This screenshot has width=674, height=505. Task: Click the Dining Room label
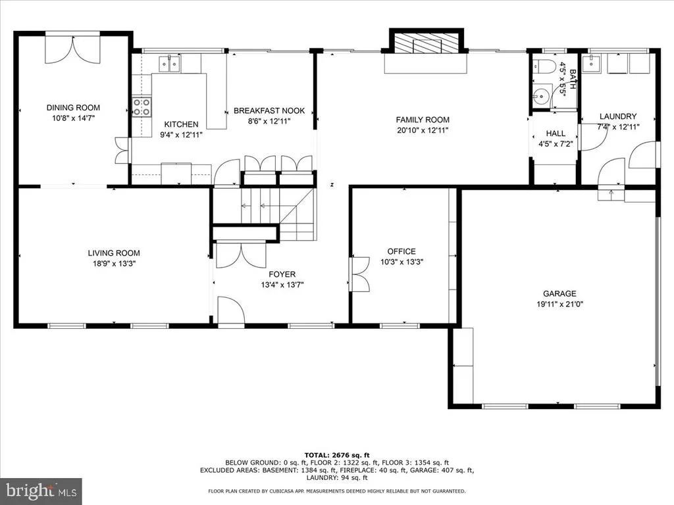pyautogui.click(x=73, y=108)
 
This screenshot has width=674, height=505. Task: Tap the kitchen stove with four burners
pyautogui.click(x=142, y=107)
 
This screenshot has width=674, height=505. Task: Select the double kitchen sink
pyautogui.click(x=170, y=64)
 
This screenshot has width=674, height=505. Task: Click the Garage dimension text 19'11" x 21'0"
pyautogui.click(x=559, y=304)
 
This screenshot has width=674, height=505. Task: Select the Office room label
pyautogui.click(x=402, y=252)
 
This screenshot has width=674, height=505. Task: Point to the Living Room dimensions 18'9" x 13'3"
pyautogui.click(x=114, y=264)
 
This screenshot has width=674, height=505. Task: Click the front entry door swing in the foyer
pyautogui.click(x=231, y=312)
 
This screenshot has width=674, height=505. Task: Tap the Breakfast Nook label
pyautogui.click(x=269, y=110)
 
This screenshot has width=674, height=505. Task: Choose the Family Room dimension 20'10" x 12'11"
pyautogui.click(x=423, y=131)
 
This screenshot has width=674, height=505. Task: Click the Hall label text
pyautogui.click(x=556, y=133)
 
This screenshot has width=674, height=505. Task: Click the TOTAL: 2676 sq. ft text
pyautogui.click(x=337, y=455)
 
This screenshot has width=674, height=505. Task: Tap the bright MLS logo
pyautogui.click(x=41, y=491)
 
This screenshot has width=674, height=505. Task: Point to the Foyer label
pyautogui.click(x=282, y=274)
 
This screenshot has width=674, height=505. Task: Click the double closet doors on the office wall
pyautogui.click(x=360, y=274)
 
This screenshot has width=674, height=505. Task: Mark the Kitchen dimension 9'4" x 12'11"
pyautogui.click(x=181, y=135)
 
